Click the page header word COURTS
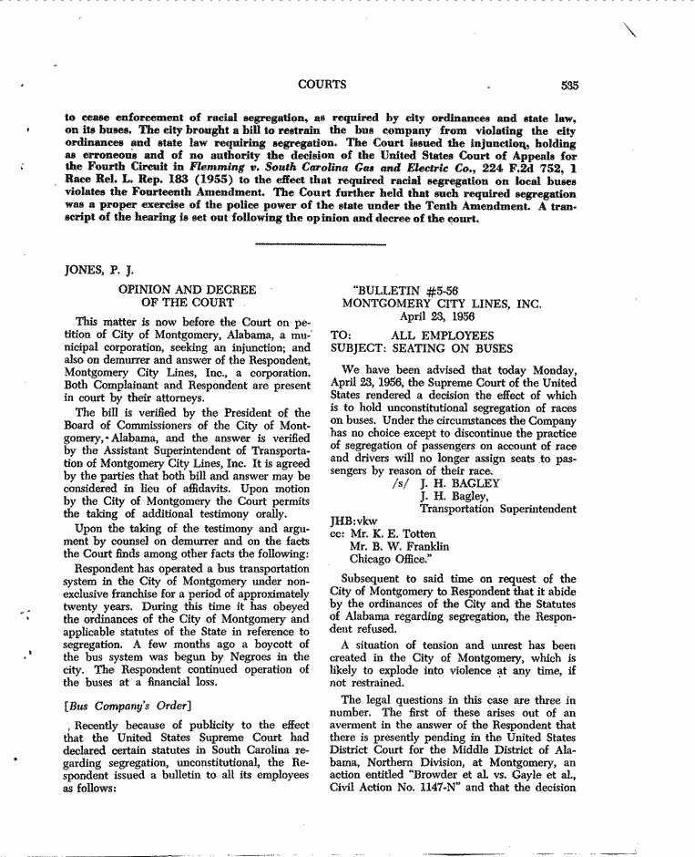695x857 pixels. [322, 85]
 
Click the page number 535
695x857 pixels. [570, 86]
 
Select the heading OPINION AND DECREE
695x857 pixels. [188, 289]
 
